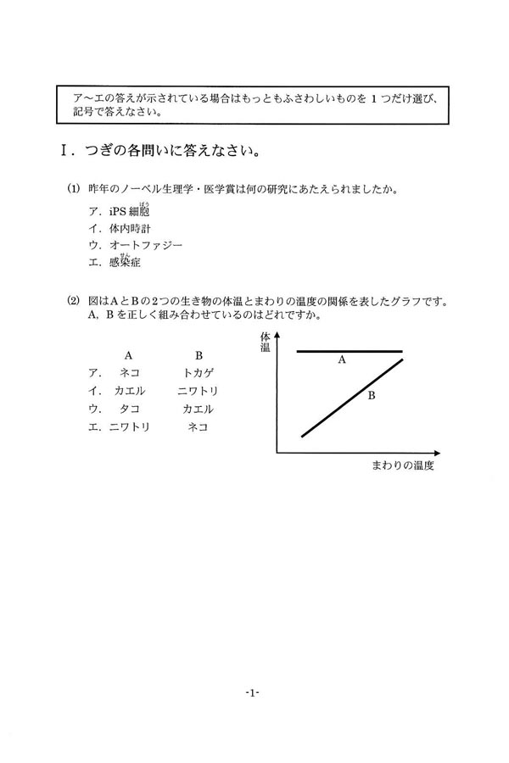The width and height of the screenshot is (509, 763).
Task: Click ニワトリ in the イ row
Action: point(199,391)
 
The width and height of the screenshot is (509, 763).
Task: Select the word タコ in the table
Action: point(130,409)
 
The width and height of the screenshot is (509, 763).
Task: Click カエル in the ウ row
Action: point(199,409)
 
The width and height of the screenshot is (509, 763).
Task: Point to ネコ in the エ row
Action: point(199,427)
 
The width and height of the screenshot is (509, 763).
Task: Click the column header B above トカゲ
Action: point(199,354)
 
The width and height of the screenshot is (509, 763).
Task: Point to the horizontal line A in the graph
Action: point(348,350)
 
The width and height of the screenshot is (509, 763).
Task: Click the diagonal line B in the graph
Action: point(352,397)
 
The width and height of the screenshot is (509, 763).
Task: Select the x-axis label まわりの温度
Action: point(403,465)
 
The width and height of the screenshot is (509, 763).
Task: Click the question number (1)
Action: point(74,187)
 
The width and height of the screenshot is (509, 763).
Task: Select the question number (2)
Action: point(74,301)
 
